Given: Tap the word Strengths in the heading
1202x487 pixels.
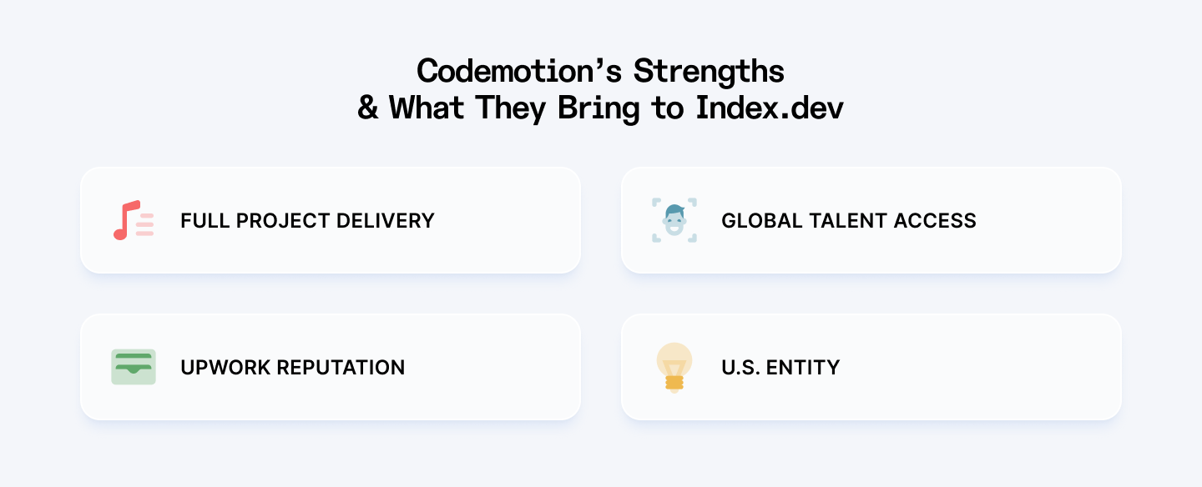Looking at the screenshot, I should [x=709, y=72].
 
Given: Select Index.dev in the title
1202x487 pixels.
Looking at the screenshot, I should [x=769, y=108].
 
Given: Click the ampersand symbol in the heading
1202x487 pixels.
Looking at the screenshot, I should [x=368, y=108].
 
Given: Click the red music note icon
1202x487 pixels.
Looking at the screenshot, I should [x=133, y=220].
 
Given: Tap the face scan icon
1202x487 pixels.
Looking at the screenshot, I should [x=674, y=220].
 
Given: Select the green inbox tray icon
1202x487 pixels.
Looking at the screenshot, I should [x=133, y=367].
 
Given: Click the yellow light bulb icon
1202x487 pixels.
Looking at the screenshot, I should [x=674, y=367].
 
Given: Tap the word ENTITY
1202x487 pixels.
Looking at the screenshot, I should [x=806, y=368].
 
